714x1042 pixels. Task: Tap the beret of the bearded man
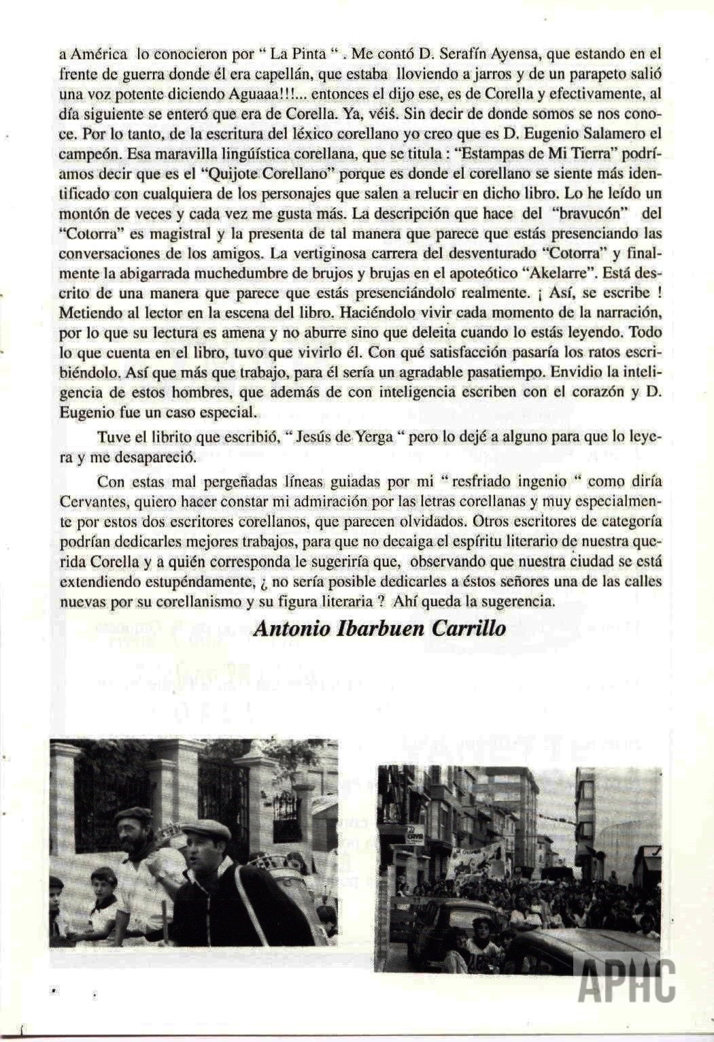[134, 814]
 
